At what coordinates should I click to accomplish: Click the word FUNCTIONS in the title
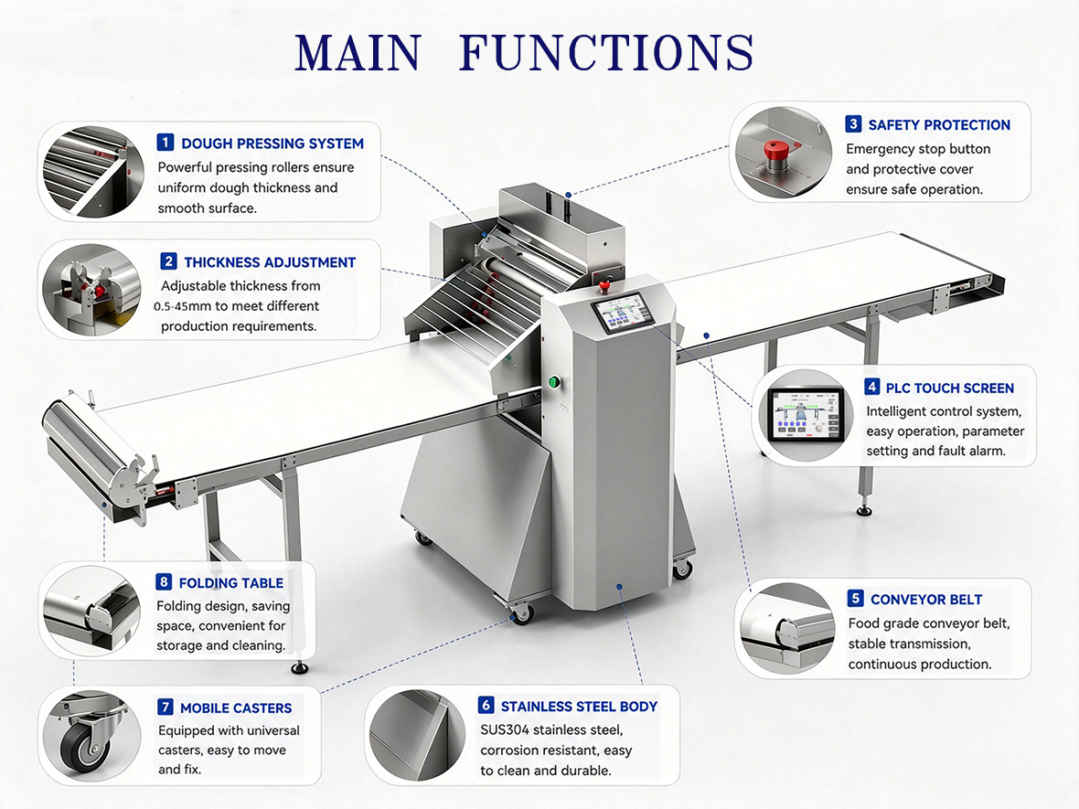point(606,52)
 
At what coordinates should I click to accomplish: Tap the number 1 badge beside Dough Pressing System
point(166,143)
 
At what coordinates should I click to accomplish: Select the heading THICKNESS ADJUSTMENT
point(270,262)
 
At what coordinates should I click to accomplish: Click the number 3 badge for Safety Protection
point(853,123)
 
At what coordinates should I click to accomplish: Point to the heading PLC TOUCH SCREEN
point(950,388)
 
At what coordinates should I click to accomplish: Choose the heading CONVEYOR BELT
point(926,599)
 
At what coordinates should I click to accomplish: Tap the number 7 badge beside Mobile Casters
point(166,708)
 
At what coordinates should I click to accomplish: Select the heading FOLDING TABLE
point(231,582)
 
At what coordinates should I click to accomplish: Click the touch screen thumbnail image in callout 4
point(805,416)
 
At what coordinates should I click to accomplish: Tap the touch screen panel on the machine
point(622,313)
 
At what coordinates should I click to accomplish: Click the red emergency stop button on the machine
point(604,284)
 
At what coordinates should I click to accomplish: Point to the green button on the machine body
point(552,381)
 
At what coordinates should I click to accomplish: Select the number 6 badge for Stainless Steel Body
point(486,705)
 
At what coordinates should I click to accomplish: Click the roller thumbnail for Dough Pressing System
point(92,171)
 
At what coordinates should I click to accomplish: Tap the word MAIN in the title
point(358,52)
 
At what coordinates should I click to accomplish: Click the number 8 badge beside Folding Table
point(164,582)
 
